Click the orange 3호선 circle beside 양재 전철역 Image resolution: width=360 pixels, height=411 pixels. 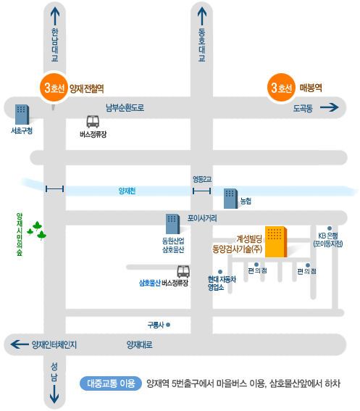pos(54,88)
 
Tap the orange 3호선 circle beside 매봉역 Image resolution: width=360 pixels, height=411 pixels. pos(281,88)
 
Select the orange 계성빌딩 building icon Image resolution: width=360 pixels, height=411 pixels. pos(276,241)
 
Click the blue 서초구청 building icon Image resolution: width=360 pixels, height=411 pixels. pos(22,115)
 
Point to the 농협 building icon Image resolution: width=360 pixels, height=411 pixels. pos(231,199)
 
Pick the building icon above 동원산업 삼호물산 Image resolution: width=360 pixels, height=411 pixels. pos(172,224)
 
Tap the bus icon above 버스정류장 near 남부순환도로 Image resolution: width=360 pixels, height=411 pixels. pos(93,122)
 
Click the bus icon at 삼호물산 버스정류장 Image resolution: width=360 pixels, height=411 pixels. pos(183,272)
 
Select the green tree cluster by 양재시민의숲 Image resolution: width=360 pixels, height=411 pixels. pos(37,231)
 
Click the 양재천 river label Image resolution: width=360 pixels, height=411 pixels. pos(127,191)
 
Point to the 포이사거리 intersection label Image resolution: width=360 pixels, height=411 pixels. pos(202,218)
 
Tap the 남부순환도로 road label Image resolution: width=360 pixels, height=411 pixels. pos(125,107)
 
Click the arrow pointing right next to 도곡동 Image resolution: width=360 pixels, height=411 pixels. pos(330,107)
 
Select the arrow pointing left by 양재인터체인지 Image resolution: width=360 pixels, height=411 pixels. pos(20,344)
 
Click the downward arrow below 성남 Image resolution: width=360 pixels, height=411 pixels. pos(54,394)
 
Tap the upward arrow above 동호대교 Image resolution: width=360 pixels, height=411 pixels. pos(202,16)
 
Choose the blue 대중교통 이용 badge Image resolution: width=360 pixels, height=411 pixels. pos(111,383)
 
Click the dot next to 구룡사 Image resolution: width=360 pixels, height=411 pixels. pos(168,325)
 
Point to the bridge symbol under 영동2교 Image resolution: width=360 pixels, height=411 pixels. pos(202,191)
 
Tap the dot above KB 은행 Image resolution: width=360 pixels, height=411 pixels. pos(330,228)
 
